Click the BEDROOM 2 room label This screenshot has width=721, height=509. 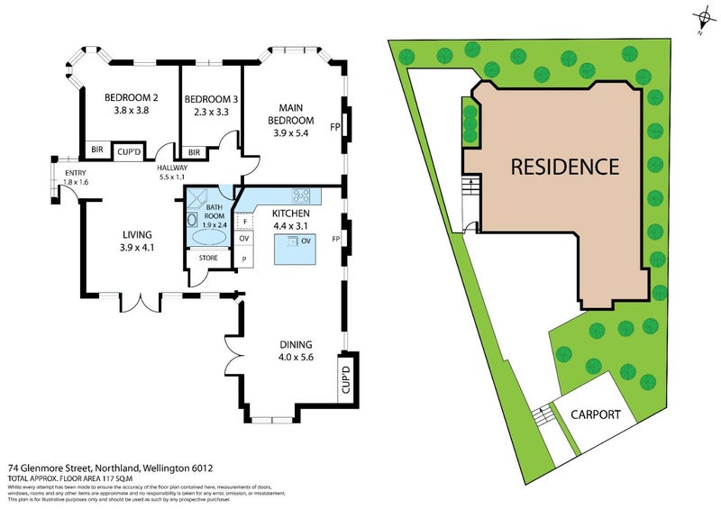click(132, 98)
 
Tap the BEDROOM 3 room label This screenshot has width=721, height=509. click(210, 99)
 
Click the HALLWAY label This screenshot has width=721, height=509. click(171, 168)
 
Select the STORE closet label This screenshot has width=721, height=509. click(208, 259)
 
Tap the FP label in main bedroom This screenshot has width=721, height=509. click(334, 127)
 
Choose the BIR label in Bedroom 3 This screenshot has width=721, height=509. click(194, 152)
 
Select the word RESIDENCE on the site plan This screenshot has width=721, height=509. click(565, 167)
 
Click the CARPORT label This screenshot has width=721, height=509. click(595, 414)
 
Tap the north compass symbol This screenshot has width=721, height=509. click(700, 20)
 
